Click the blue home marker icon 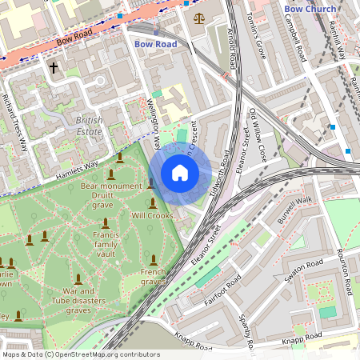click(x=180, y=173)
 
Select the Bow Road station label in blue click(x=155, y=44)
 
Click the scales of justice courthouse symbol click(x=198, y=17)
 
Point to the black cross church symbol click(x=55, y=69)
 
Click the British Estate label click(x=90, y=126)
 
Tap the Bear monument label click(x=110, y=186)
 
